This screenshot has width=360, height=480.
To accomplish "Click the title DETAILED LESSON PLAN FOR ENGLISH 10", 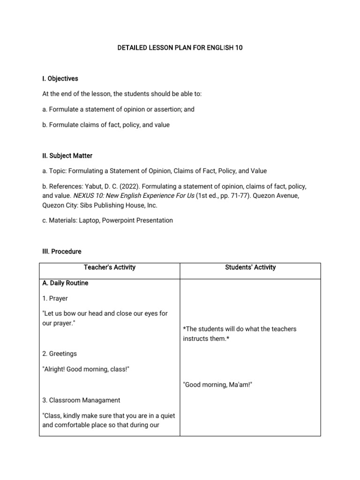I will tap(180, 48).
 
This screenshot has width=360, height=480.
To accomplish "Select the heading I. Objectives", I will tap(60, 79).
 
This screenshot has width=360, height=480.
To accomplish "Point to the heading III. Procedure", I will tap(61, 252).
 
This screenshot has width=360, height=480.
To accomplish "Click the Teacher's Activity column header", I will tap(109, 268).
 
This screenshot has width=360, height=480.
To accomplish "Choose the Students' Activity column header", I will tap(250, 268).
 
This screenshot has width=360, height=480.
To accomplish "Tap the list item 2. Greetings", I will tap(60, 354).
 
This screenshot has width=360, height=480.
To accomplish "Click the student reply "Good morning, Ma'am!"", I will tap(212, 385).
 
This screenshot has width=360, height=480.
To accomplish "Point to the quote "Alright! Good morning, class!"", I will tap(86, 369).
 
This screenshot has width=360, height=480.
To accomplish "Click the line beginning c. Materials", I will tap(107, 220).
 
